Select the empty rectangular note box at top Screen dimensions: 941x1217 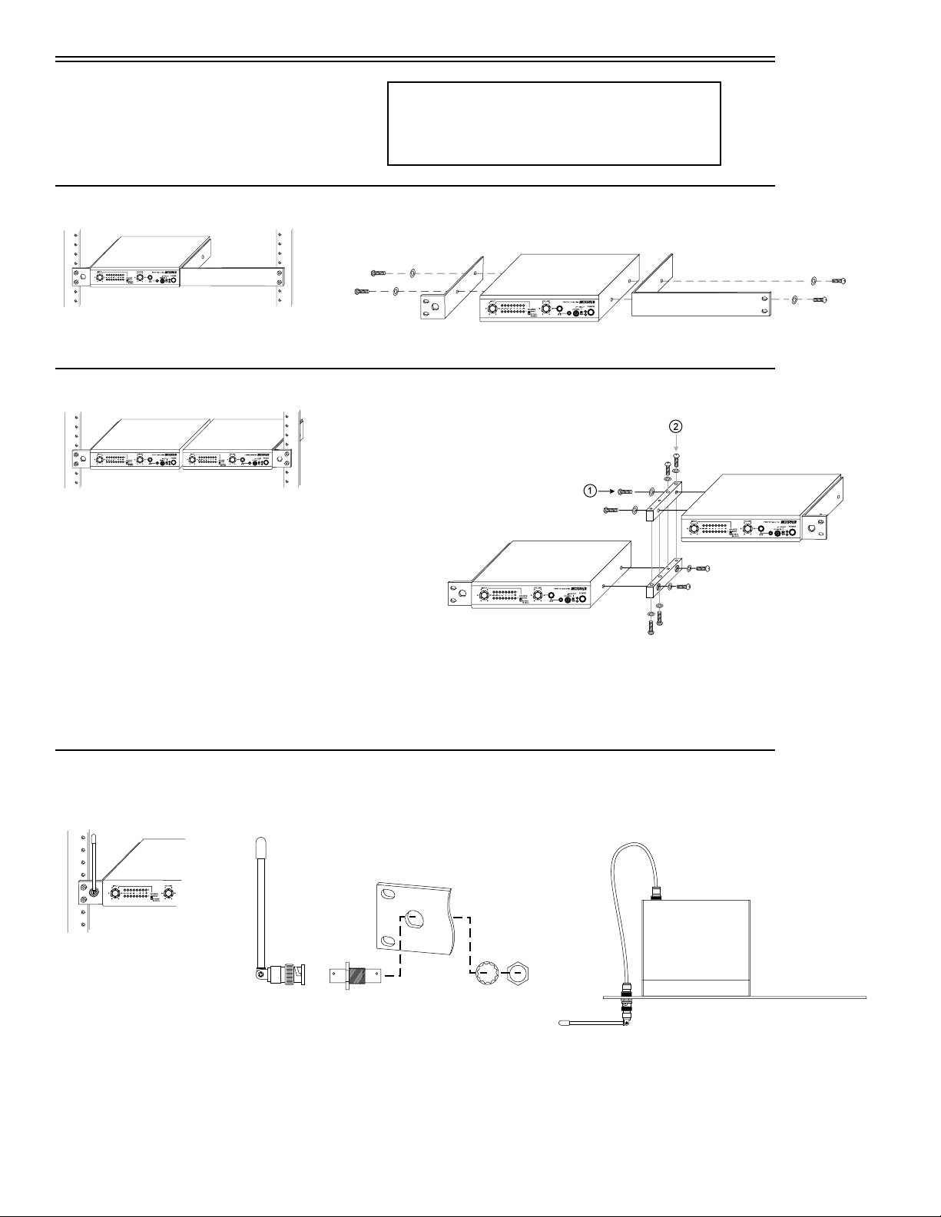[554, 124]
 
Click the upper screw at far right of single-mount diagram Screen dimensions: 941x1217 [839, 281]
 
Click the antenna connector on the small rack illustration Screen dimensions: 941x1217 [93, 893]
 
